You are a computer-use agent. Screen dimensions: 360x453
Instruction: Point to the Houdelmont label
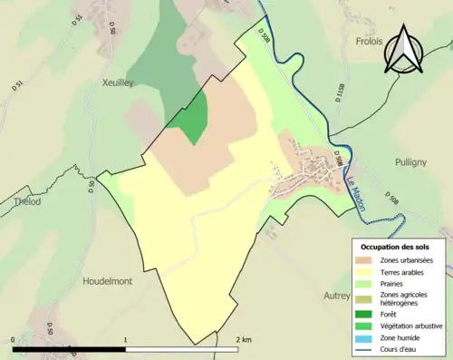pos(107,281)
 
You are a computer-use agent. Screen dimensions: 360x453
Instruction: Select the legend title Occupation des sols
pos(397,247)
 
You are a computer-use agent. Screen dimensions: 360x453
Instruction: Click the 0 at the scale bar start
pos(13,339)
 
